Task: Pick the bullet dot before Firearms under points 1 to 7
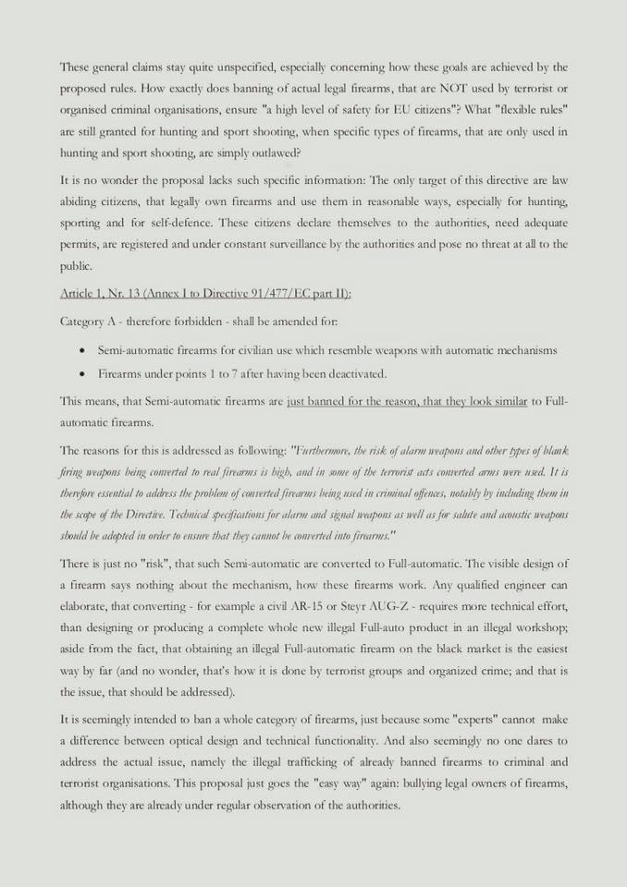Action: click(84, 374)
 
